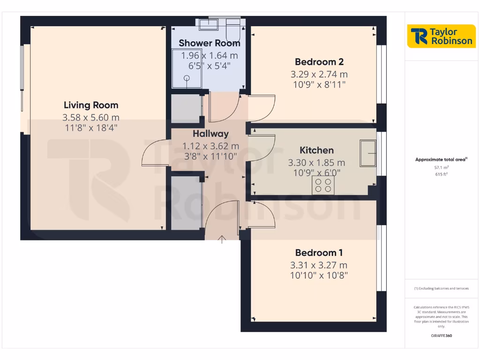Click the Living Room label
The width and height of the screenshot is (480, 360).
coord(91,105)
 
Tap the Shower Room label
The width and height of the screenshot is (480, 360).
coord(209,43)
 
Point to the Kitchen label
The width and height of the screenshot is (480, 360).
coord(317,150)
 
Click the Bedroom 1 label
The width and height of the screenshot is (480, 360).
coord(319,253)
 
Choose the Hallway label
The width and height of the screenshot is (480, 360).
coord(210,134)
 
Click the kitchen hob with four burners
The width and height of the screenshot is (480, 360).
coord(322,186)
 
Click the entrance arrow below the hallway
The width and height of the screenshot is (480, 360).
coord(222,240)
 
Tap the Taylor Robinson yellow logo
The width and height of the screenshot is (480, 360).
coord(442,36)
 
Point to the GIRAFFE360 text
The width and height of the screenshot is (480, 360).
coord(441,336)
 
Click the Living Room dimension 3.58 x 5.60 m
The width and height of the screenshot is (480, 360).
coord(91,117)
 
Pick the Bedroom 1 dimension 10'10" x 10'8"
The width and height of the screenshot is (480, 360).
coord(319,276)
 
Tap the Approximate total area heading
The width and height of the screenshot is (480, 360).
coord(441,159)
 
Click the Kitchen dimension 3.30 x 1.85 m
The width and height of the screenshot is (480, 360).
coord(317,163)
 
